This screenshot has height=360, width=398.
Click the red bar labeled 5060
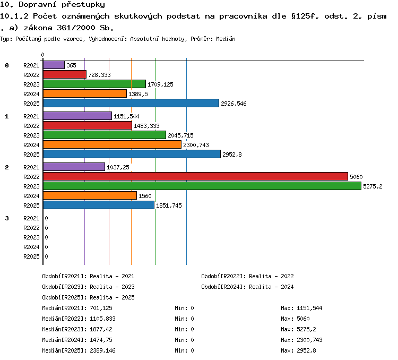coord(195,177)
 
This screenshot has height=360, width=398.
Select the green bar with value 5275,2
coord(202,186)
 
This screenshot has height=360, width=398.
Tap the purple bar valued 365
coord(54,65)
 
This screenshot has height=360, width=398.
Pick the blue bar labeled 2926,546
coord(131,103)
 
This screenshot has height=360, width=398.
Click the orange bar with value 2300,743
coord(112,145)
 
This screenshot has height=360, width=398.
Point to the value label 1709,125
coord(160,84)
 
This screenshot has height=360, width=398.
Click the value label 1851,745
coord(169,205)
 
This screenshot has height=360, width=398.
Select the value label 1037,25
coord(118,167)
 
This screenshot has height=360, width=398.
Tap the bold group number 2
coord(7,167)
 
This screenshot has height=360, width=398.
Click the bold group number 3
coord(7,218)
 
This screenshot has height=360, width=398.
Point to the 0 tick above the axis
coord(42,55)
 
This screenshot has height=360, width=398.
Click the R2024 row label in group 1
coord(31,145)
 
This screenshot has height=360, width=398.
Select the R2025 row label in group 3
coord(31,256)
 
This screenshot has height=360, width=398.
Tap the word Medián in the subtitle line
coord(226,39)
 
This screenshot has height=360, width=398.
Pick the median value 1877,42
coord(101,329)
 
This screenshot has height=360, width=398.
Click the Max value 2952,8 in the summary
coord(306,350)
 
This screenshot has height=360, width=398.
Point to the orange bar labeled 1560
coord(90,195)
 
